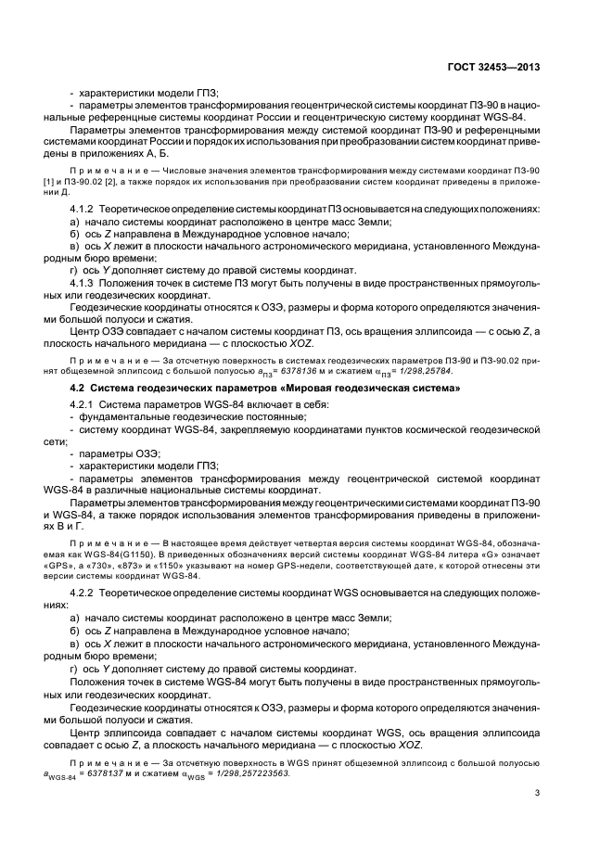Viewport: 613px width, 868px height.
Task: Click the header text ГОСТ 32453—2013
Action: pyautogui.click(x=494, y=67)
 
